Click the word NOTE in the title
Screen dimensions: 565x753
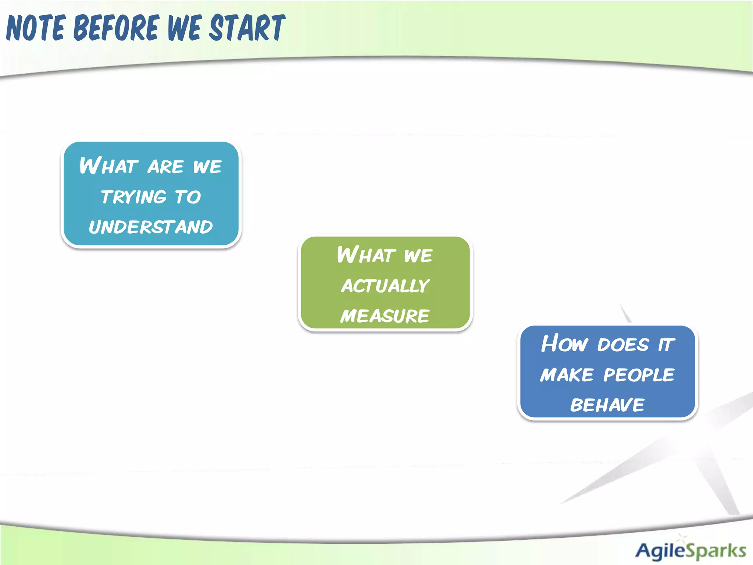click(36, 28)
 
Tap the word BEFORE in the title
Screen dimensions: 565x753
click(117, 28)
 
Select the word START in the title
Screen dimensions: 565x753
click(247, 28)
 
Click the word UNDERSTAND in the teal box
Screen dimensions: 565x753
click(151, 227)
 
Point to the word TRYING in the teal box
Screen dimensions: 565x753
click(134, 197)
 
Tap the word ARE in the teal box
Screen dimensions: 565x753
click(165, 167)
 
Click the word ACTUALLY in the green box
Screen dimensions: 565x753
click(385, 286)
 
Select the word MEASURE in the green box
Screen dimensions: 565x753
click(385, 316)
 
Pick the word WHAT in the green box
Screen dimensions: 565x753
click(366, 255)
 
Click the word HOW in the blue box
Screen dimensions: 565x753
click(564, 344)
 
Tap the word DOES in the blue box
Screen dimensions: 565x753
click(623, 345)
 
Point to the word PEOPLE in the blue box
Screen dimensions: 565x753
click(639, 375)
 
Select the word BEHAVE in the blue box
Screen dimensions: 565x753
click(607, 405)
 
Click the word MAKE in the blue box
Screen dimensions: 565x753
click(567, 375)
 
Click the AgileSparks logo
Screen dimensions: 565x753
click(690, 550)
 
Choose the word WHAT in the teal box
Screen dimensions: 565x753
click(109, 166)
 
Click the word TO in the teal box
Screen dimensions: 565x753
click(188, 197)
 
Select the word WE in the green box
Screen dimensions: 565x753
click(418, 256)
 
